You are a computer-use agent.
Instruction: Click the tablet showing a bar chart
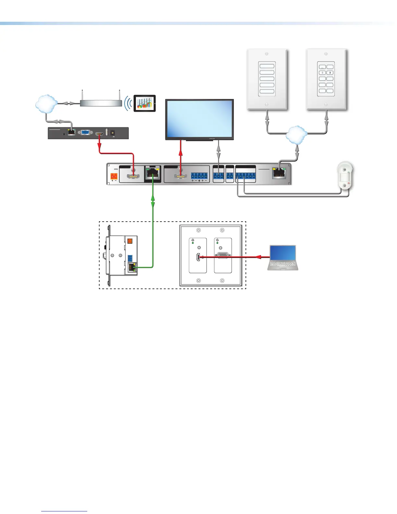(145, 103)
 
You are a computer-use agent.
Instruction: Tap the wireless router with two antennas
(101, 103)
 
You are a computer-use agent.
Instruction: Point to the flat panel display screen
(199, 119)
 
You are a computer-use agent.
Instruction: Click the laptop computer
(283, 258)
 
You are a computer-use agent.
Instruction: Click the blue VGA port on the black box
(86, 132)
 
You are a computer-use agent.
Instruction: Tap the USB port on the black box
(107, 132)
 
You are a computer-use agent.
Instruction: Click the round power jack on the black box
(113, 133)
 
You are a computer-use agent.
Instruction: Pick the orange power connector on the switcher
(114, 176)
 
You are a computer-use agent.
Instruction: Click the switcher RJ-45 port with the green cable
(152, 174)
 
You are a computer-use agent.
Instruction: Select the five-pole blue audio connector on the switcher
(199, 176)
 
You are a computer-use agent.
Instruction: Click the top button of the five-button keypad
(267, 66)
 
